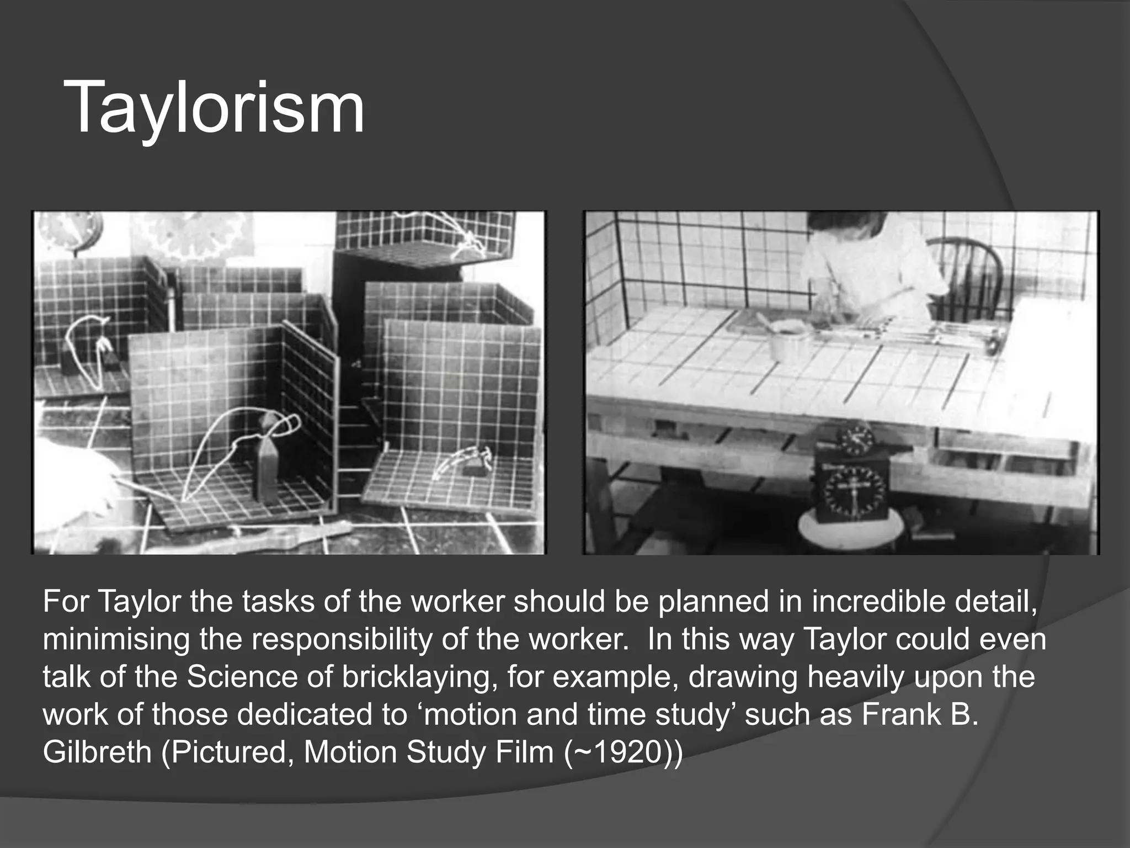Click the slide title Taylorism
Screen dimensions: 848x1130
[x=214, y=107]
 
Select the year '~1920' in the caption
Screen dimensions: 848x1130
[x=620, y=752]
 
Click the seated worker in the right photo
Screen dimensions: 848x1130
[x=872, y=265]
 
